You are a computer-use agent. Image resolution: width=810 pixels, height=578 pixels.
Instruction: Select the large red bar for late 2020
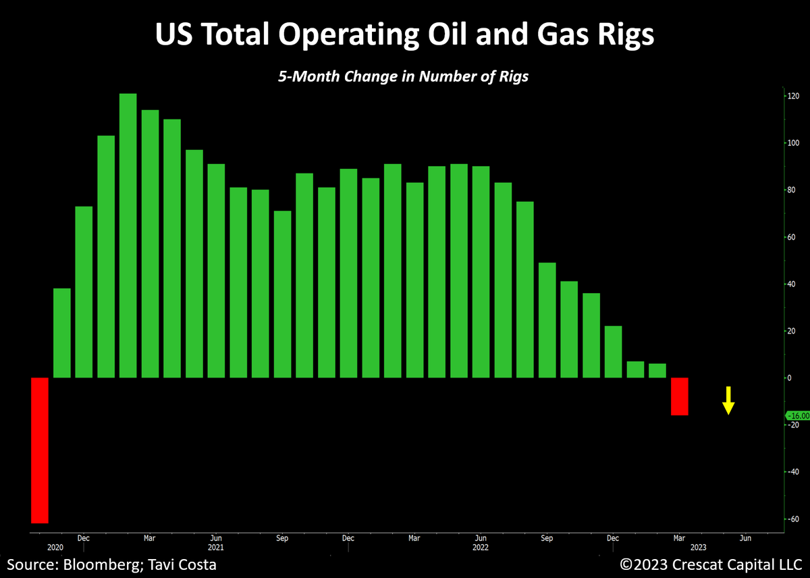pyautogui.click(x=40, y=450)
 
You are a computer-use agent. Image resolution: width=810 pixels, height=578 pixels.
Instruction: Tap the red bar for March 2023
pyautogui.click(x=679, y=396)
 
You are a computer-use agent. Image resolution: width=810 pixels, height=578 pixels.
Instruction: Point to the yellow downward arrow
pyautogui.click(x=728, y=400)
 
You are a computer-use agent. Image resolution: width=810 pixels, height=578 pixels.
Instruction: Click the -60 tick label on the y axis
pyautogui.click(x=794, y=519)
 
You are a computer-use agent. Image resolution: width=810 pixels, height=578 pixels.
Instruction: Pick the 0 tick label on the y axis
pyautogui.click(x=788, y=378)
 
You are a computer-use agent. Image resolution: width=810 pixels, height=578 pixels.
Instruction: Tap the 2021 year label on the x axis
pyautogui.click(x=215, y=548)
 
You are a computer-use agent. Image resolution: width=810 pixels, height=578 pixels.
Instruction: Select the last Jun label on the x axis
pyautogui.click(x=745, y=538)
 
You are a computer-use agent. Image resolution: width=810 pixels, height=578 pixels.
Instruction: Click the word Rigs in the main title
pyautogui.click(x=620, y=36)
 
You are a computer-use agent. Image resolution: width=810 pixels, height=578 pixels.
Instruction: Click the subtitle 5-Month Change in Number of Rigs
pyautogui.click(x=403, y=76)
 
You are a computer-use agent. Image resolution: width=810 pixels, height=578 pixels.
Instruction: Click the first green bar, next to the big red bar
pyautogui.click(x=61, y=333)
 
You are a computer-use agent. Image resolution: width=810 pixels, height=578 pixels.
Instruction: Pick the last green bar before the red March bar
pyautogui.click(x=657, y=371)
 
